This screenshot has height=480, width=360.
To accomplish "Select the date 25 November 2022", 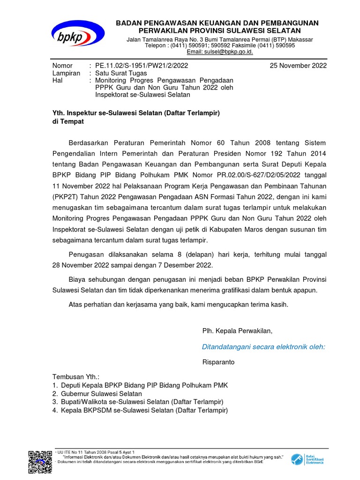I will pyautogui.click(x=298, y=66).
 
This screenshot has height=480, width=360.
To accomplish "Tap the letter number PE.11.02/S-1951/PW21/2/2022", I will pyautogui.click(x=142, y=66).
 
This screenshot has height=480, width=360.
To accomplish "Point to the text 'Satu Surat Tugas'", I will pyautogui.click(x=121, y=73).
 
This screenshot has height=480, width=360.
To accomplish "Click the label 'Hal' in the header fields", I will pyautogui.click(x=57, y=81).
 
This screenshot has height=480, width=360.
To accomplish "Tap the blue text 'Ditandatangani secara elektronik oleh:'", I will pyautogui.click(x=263, y=347).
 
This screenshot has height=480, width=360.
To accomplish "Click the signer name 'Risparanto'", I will pyautogui.click(x=218, y=362).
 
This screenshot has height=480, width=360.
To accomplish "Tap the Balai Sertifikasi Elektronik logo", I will pyautogui.click(x=307, y=459).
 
